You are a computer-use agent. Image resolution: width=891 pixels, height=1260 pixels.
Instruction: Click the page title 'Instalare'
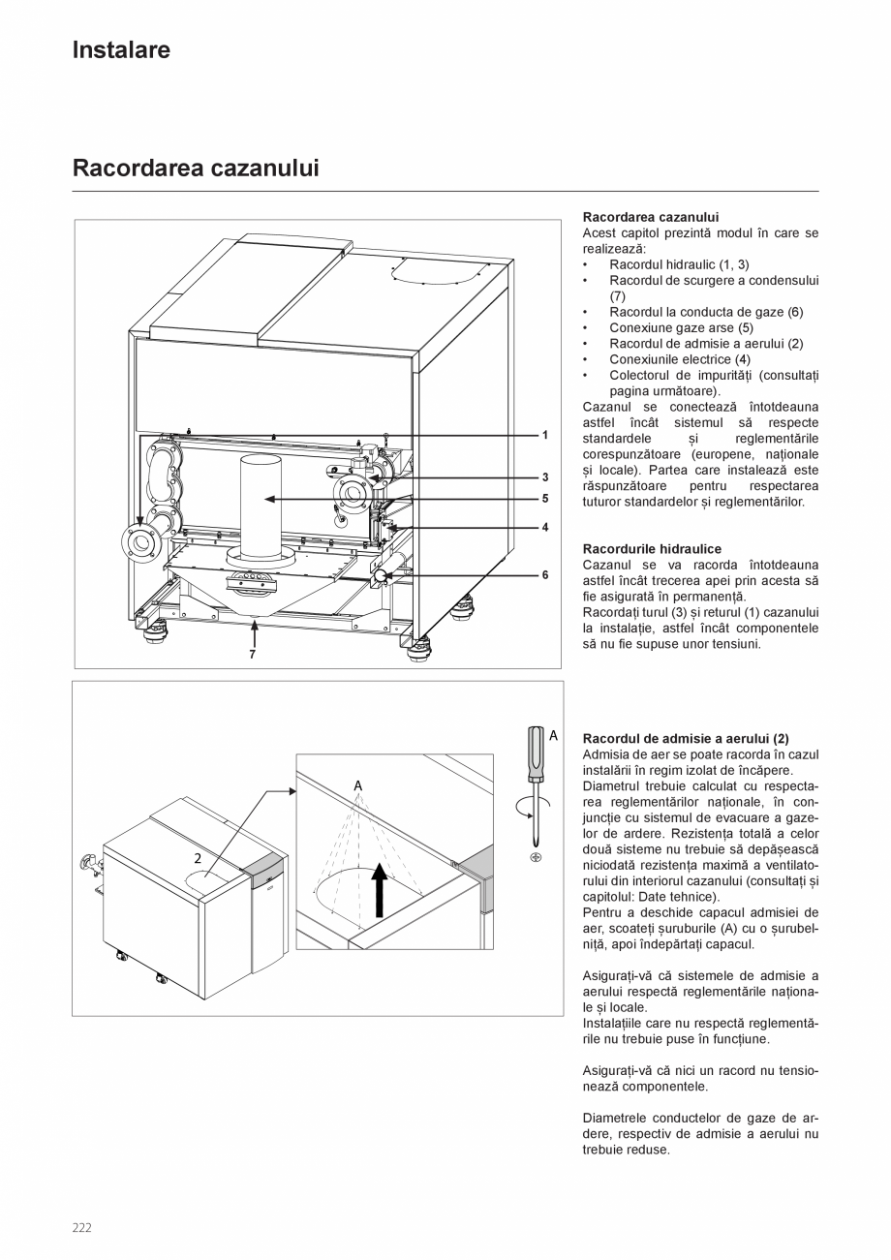click(121, 50)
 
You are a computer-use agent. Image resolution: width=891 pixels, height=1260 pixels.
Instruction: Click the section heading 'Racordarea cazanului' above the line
click(196, 169)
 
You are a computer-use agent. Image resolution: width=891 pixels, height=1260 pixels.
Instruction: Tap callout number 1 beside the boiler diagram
click(545, 436)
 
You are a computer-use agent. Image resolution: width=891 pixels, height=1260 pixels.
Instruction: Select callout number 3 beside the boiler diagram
click(545, 477)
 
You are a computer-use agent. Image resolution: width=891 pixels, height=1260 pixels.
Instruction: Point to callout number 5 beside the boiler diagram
click(545, 499)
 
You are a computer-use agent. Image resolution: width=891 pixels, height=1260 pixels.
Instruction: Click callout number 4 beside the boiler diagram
click(545, 528)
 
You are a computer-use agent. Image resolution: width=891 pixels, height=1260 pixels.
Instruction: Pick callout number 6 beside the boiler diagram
click(545, 574)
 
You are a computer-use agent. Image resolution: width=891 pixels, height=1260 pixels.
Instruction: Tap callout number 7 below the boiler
click(253, 655)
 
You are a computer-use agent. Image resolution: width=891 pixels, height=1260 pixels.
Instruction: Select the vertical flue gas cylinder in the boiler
click(261, 504)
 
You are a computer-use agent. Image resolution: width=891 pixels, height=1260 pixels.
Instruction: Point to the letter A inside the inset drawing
click(357, 784)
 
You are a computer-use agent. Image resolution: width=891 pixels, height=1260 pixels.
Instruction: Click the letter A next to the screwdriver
click(553, 736)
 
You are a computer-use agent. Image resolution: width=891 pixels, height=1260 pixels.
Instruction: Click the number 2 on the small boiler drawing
click(198, 858)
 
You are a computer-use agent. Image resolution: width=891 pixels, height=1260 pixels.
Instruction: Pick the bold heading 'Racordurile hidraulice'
click(652, 549)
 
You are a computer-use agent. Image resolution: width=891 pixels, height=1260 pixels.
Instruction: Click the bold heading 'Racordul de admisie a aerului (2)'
click(686, 738)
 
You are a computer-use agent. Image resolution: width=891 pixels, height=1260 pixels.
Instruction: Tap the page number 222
click(81, 1228)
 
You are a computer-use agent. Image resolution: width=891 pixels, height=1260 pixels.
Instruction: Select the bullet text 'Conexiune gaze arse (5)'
click(681, 327)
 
